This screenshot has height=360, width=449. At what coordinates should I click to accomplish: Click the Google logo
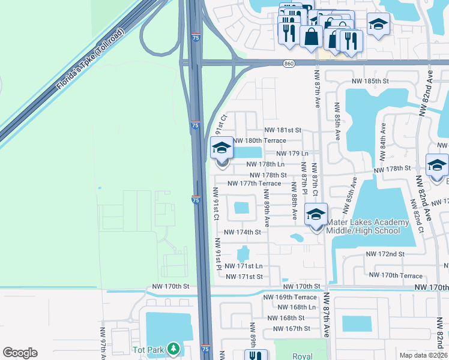click(x=20, y=353)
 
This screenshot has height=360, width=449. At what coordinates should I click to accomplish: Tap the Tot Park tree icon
click(x=173, y=349)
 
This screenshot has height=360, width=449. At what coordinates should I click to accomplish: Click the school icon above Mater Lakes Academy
click(x=316, y=213)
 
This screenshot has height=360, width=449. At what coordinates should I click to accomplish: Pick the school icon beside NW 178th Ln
click(x=221, y=148)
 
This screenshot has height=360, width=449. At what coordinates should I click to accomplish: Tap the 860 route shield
click(x=289, y=63)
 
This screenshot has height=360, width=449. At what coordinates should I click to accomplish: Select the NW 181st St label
click(x=283, y=130)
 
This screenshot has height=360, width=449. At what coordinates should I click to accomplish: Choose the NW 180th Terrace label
click(x=259, y=140)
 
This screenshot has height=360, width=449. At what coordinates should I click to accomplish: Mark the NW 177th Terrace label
click(x=255, y=184)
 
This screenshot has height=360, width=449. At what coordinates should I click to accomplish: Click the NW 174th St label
click(x=243, y=232)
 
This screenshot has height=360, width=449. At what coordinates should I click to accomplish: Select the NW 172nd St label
click(x=385, y=254)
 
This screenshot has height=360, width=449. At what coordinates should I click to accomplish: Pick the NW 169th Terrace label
click(x=290, y=297)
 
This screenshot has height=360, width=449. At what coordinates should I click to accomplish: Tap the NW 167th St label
click(x=291, y=328)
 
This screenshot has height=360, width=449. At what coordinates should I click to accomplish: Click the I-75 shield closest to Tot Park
click(x=205, y=349)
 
